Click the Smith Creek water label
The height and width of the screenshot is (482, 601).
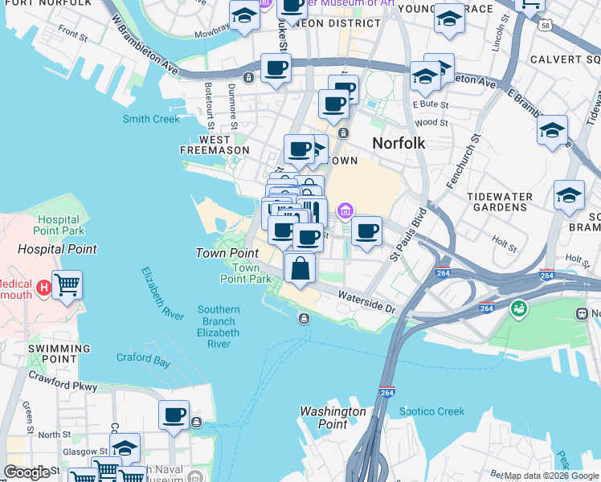(x=151, y=119)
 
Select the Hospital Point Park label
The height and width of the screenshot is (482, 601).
(x=59, y=224)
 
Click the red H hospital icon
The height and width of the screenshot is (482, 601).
(x=44, y=286)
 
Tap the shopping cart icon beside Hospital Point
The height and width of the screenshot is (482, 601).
(x=67, y=284)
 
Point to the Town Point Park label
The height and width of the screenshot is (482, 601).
(x=246, y=273)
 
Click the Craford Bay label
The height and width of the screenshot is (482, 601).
(x=143, y=361)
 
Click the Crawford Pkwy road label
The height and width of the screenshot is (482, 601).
(x=63, y=381)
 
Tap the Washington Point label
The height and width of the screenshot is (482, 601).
(x=333, y=418)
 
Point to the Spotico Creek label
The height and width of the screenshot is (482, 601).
(x=431, y=412)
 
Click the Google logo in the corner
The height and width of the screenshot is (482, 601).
(x=27, y=472)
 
